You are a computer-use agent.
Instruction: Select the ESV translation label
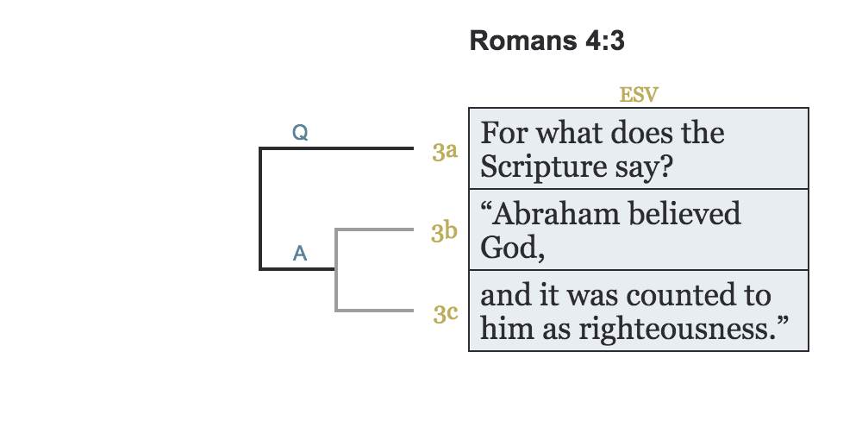639,95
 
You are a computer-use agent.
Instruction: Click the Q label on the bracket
300,133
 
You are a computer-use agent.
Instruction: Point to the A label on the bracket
300,253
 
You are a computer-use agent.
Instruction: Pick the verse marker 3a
445,153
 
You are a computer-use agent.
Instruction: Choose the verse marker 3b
445,233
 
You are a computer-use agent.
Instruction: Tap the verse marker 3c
445,313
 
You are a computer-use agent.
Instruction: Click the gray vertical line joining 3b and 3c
335,270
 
